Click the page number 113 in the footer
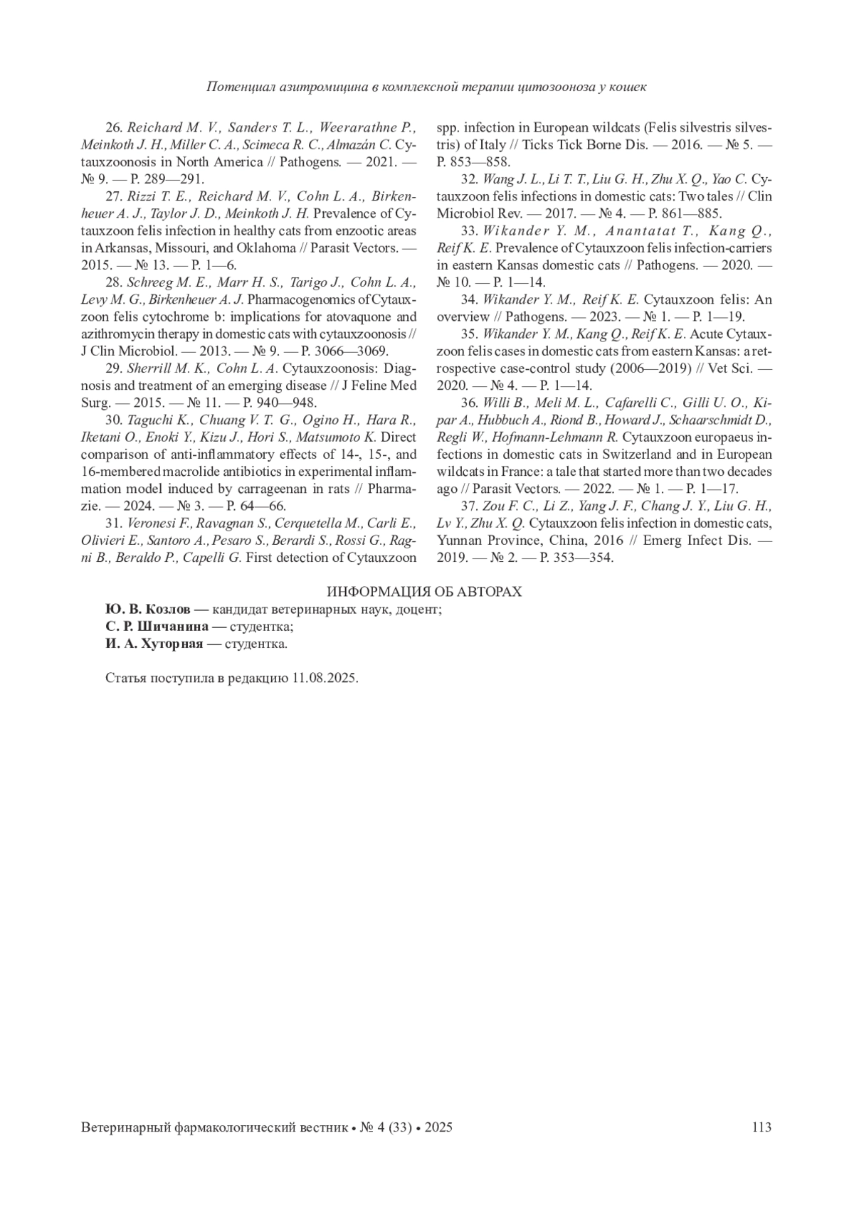point(761,1127)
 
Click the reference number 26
point(114,128)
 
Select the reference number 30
point(114,420)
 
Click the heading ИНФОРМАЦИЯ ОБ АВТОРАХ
point(424,592)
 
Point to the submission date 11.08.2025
point(325,678)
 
